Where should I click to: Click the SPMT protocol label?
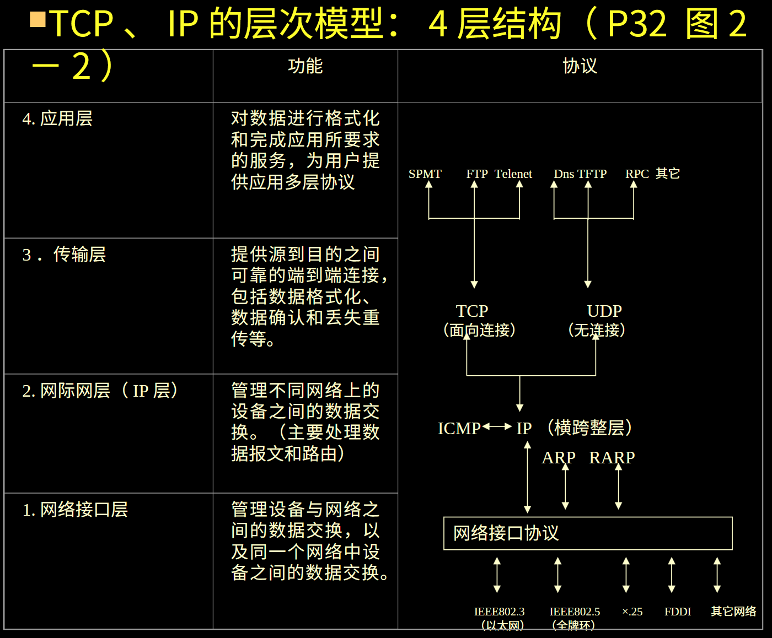point(425,174)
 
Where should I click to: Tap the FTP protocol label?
point(477,174)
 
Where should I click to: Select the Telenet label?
point(513,174)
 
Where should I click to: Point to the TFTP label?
point(592,174)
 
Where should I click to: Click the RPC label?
point(637,174)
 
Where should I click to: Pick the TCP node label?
point(472,311)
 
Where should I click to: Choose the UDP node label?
point(604,311)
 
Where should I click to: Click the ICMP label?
point(459,429)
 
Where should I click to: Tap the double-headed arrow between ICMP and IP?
point(497,426)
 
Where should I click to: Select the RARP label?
point(612,458)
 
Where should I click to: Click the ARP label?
point(558,458)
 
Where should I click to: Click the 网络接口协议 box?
point(588,533)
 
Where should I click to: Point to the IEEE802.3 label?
point(499,612)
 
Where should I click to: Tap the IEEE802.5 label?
point(575,612)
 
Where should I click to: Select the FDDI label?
point(678,612)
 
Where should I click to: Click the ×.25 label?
point(632,612)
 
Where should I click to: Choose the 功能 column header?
point(305,67)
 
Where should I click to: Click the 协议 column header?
point(580,67)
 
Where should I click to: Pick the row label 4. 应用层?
point(57,118)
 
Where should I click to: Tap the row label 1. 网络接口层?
point(75,510)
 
